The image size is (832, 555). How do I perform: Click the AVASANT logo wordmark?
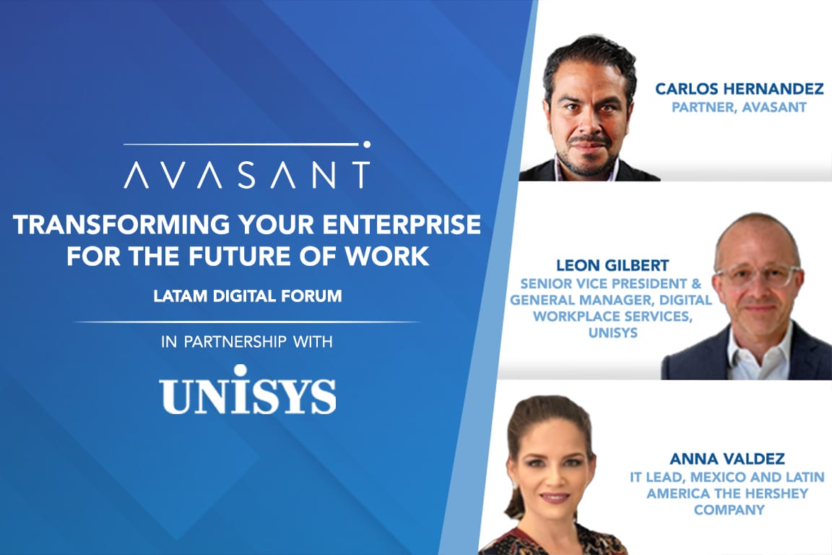point(246,175)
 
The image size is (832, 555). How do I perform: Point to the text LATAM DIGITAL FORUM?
point(246,295)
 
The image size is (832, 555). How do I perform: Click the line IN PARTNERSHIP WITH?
point(247,342)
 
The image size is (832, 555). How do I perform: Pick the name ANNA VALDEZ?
point(727,458)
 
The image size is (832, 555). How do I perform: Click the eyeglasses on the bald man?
point(758,277)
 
